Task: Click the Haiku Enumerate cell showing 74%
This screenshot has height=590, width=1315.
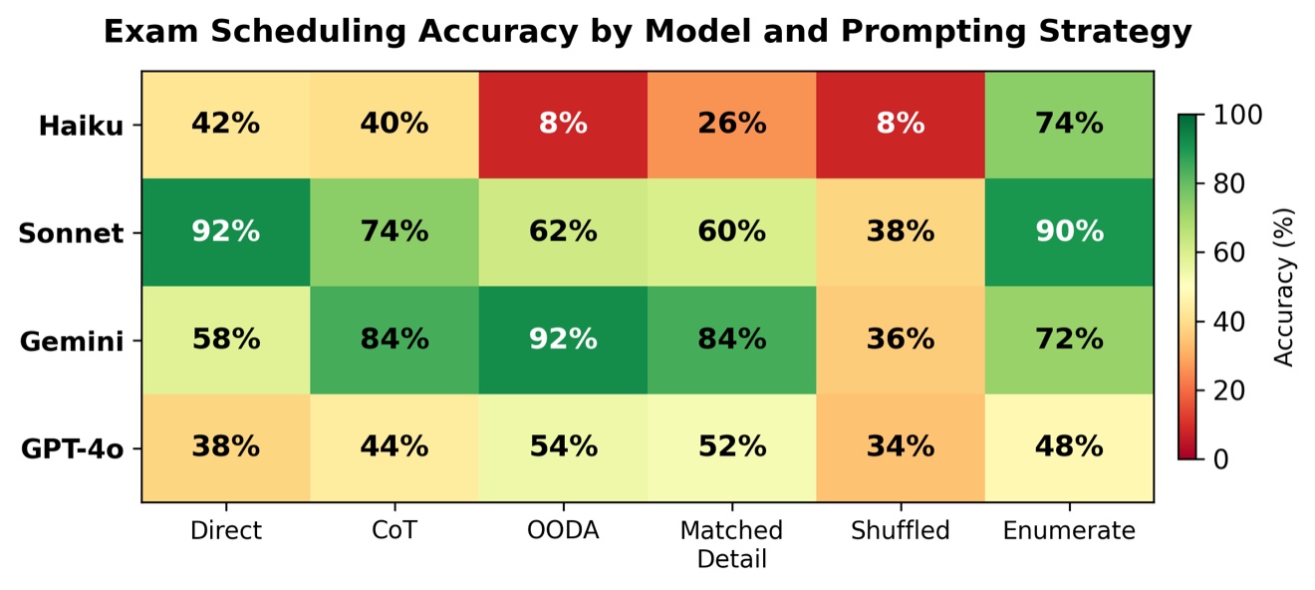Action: (x=1069, y=125)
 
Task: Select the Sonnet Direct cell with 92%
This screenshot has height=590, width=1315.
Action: (x=226, y=232)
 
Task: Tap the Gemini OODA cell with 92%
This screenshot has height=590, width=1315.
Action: (x=563, y=340)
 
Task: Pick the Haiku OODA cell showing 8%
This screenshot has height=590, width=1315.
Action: (x=563, y=125)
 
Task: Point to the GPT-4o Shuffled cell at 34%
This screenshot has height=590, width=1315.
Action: (x=900, y=447)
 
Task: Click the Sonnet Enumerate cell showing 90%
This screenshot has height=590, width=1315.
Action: (x=1069, y=232)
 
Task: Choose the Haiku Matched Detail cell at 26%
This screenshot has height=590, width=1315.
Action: (x=731, y=125)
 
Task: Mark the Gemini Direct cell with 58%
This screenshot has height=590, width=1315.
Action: (x=226, y=340)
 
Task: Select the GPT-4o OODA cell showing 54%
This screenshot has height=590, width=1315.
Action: (x=563, y=447)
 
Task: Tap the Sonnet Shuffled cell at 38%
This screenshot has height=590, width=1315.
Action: (x=900, y=232)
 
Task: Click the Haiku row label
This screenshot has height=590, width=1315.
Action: (x=81, y=127)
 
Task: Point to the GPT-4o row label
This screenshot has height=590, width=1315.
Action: (x=73, y=449)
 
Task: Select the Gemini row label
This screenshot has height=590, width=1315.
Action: (x=72, y=342)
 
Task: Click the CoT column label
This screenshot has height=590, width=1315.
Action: (x=394, y=531)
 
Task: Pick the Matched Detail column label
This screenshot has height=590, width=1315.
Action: (x=731, y=544)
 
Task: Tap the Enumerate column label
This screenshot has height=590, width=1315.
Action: (x=1069, y=531)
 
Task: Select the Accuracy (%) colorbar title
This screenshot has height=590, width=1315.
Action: (x=1285, y=287)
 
